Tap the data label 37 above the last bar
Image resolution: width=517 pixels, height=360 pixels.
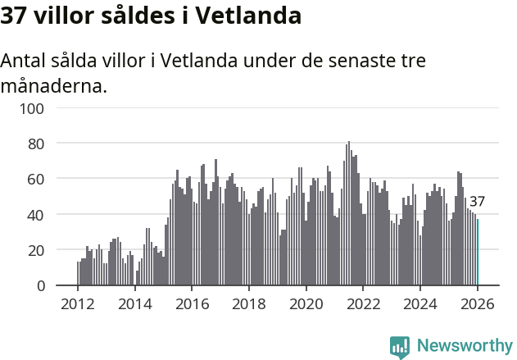point(477,202)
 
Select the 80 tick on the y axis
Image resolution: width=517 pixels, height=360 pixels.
point(36,144)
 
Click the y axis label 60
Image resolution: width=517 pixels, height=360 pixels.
point(36,179)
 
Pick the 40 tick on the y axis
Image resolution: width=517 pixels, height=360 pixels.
point(36,215)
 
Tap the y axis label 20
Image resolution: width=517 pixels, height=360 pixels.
point(36,250)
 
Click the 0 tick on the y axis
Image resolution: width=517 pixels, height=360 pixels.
point(40,286)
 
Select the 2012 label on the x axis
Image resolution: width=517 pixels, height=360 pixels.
point(78,303)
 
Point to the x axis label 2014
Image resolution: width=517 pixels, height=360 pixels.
point(134,303)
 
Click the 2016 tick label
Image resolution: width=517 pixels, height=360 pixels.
point(192,303)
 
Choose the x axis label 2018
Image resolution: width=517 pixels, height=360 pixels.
point(249,303)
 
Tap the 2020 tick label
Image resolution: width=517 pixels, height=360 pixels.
point(306,303)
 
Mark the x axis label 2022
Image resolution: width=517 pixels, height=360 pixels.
point(363,303)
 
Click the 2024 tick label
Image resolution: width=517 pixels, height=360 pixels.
point(420,303)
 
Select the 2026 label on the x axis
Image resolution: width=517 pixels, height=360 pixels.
point(477,303)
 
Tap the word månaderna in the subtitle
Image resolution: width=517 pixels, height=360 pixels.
point(54,85)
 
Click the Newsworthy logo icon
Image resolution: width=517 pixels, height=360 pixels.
point(400,347)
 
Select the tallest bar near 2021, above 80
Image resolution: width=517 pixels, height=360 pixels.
point(349,213)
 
